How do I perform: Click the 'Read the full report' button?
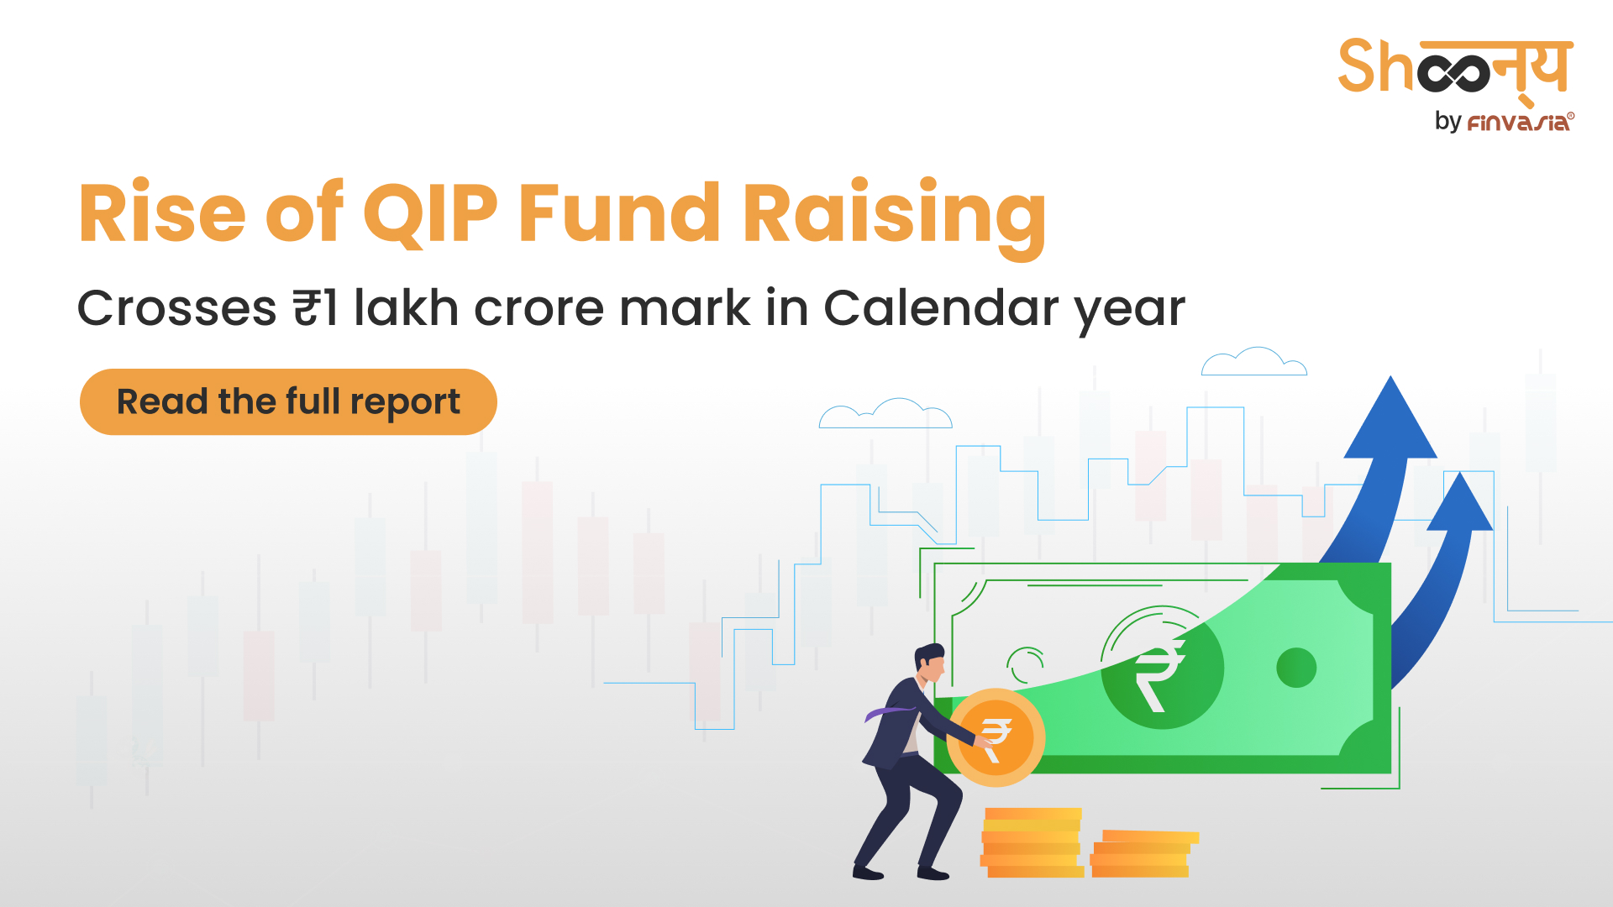(x=288, y=401)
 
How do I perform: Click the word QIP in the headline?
(x=430, y=213)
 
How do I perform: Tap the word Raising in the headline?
(x=895, y=218)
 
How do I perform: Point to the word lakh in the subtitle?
(x=406, y=307)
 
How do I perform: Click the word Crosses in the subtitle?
(x=177, y=308)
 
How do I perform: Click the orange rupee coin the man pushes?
(x=996, y=738)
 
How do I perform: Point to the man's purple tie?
(x=888, y=713)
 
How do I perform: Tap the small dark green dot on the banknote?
(x=1296, y=668)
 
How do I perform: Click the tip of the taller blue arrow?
(x=1391, y=376)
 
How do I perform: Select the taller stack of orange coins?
(x=1032, y=842)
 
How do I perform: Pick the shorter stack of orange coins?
(x=1144, y=854)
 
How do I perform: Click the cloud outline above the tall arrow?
(x=1254, y=361)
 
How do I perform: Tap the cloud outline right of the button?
(x=885, y=413)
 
